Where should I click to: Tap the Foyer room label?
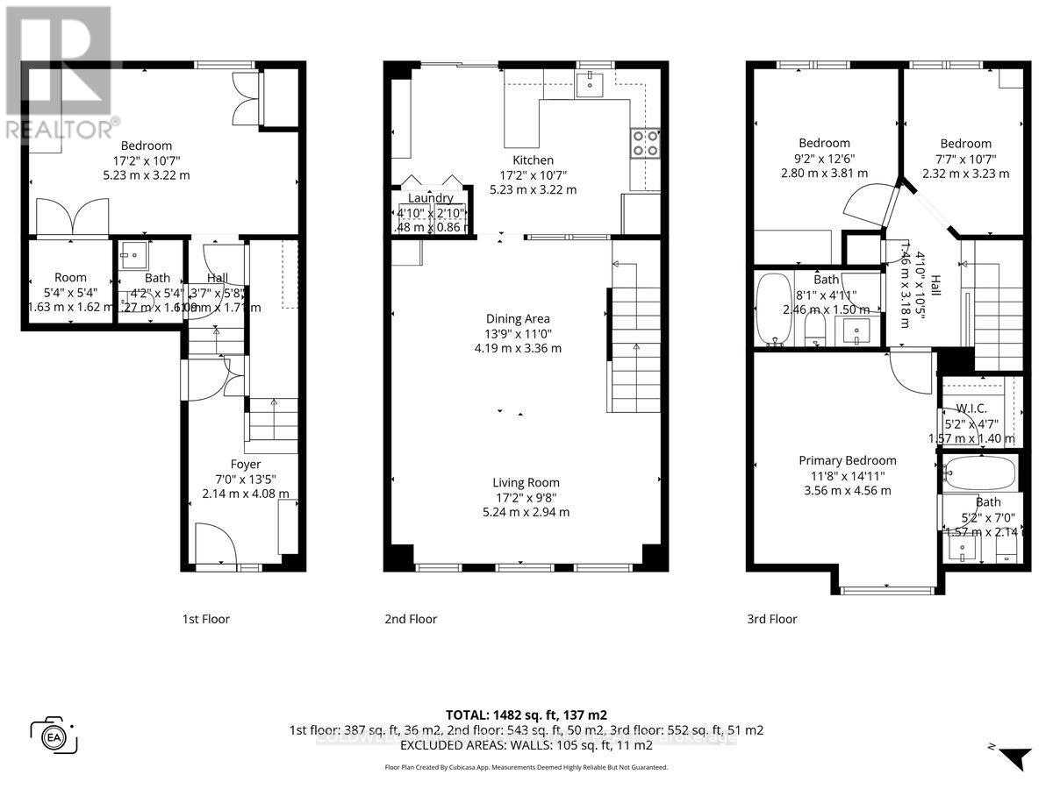click(x=246, y=464)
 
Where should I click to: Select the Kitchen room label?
click(x=533, y=160)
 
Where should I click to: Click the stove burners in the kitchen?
click(x=645, y=142)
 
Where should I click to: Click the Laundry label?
click(x=429, y=198)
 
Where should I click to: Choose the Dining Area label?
click(x=525, y=319)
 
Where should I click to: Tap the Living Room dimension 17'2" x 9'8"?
click(x=525, y=497)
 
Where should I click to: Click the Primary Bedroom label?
click(x=847, y=460)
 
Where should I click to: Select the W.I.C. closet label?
click(x=972, y=407)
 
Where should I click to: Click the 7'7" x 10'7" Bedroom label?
click(x=965, y=144)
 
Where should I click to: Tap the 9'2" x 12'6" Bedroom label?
click(x=824, y=143)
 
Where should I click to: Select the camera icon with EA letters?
click(x=54, y=735)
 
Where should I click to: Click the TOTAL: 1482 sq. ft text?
click(x=526, y=714)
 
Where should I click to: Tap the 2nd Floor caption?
click(x=411, y=619)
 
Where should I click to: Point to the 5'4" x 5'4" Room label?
click(x=70, y=277)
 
